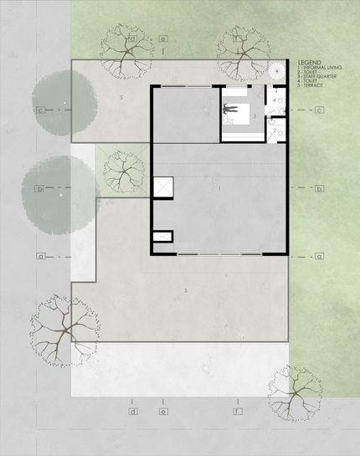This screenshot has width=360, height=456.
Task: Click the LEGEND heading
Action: click(x=309, y=63)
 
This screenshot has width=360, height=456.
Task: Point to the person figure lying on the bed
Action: click(x=230, y=107)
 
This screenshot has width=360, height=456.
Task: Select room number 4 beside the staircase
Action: click(x=275, y=100)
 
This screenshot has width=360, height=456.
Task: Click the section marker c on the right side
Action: click(x=319, y=110)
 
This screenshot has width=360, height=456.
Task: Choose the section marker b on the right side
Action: click(x=319, y=188)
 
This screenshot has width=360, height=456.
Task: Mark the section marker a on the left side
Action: click(x=39, y=255)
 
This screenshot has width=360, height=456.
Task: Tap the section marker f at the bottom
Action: click(x=238, y=412)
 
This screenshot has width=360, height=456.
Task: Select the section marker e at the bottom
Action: click(x=164, y=412)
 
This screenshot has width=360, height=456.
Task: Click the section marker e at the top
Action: click(x=164, y=38)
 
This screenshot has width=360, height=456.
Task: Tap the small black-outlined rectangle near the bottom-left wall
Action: click(x=163, y=236)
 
